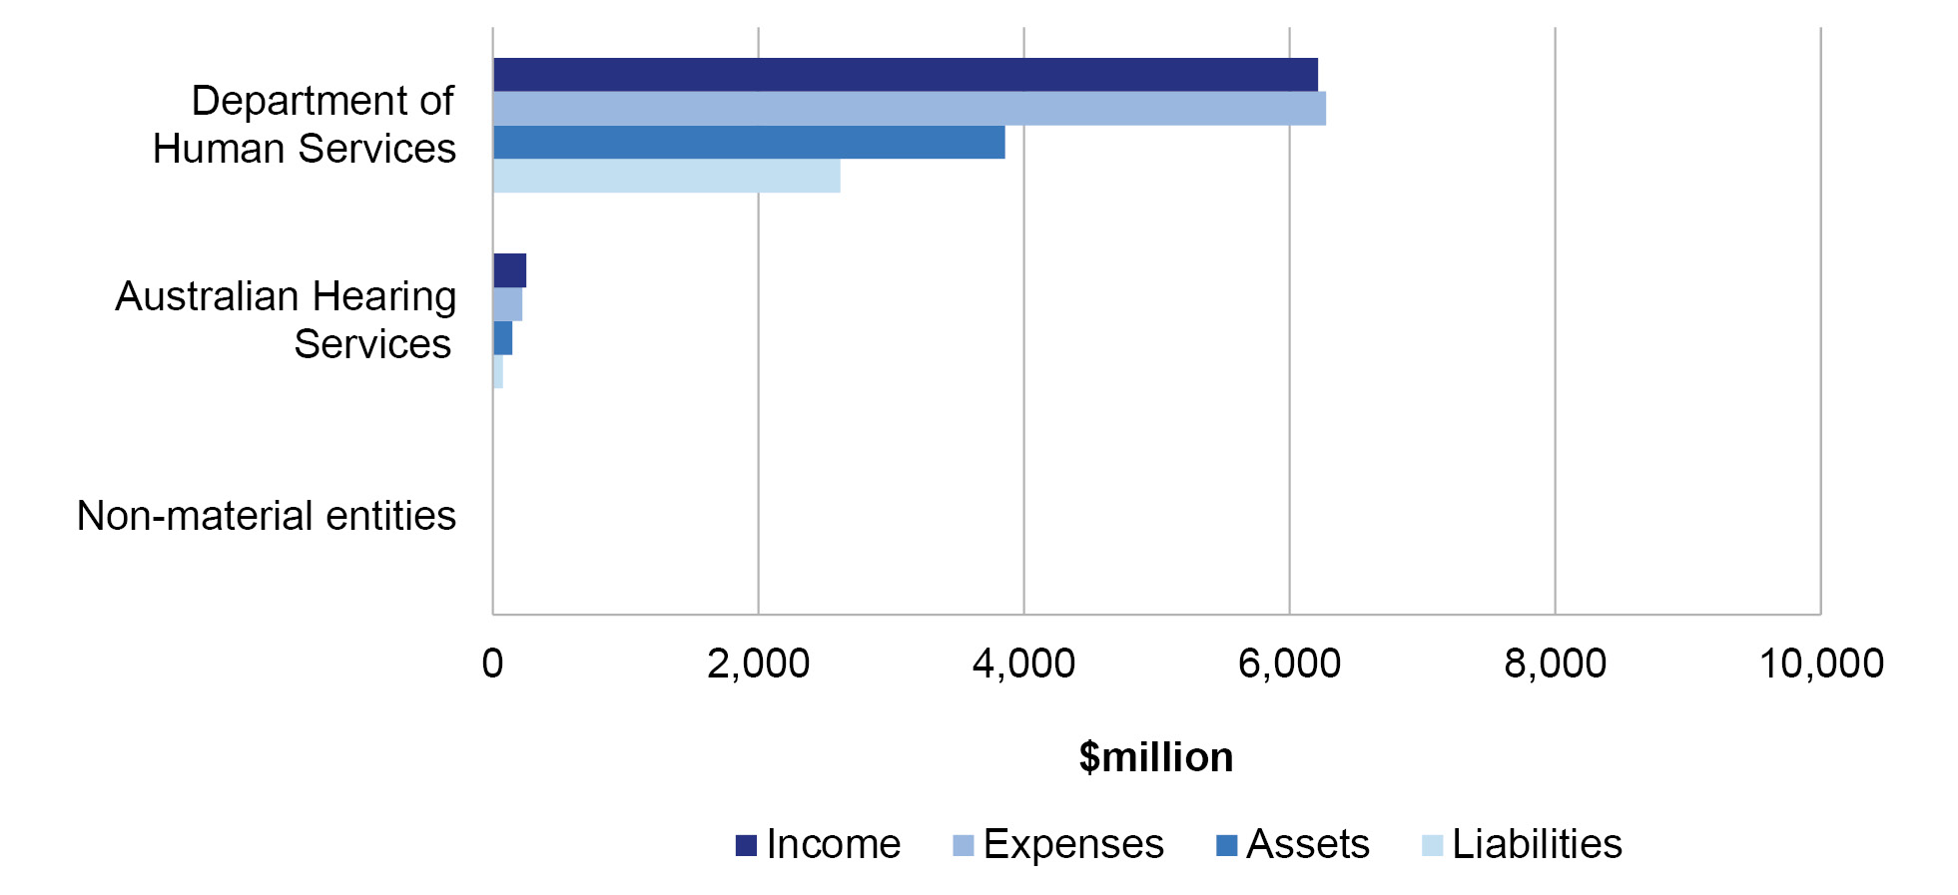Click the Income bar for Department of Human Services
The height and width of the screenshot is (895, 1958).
coord(905,75)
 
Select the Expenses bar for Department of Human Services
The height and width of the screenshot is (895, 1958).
coord(909,109)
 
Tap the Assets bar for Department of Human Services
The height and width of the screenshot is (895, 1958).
coord(749,143)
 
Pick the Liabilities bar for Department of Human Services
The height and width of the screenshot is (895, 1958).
coord(666,177)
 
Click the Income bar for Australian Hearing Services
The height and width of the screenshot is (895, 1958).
coord(509,270)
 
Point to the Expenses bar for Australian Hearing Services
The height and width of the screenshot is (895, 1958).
coord(507,304)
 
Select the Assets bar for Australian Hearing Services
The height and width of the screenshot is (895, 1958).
coord(502,338)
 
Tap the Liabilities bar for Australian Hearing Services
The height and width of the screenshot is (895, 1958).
coord(497,372)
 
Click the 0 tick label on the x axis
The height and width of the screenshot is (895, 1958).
coord(492,665)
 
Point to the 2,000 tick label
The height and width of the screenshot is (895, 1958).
coord(758,665)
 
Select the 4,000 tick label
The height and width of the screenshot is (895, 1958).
coord(1023,665)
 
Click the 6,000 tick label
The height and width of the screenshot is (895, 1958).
coord(1289,665)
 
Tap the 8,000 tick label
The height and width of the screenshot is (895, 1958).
coord(1555,665)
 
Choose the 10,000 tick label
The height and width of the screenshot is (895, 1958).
coord(1820,665)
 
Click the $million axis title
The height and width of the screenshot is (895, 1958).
coord(1155,758)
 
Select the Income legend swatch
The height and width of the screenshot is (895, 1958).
coord(746,846)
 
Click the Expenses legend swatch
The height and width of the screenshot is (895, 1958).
coord(964,846)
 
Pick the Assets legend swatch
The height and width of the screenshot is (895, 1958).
coord(1226,846)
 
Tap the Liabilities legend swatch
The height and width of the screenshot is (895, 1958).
coord(1432,846)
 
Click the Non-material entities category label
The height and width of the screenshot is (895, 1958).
coord(267,517)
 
